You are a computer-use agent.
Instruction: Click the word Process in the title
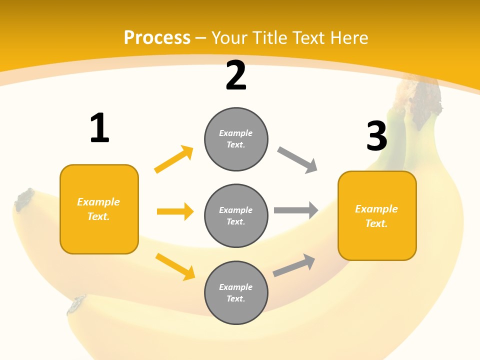pos(157,37)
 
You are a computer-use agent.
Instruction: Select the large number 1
pos(99,128)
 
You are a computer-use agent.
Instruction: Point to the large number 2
pos(236,75)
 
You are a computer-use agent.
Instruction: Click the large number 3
pos(376,136)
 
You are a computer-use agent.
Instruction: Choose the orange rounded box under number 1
pos(99,209)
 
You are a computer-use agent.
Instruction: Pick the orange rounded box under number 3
pos(377,216)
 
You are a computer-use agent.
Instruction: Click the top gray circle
pos(236,139)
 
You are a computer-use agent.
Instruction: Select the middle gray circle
pos(236,216)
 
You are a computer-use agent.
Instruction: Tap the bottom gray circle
pos(236,293)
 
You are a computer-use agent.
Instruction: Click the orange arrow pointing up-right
pos(173,159)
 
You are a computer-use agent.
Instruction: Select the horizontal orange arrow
pos(175,211)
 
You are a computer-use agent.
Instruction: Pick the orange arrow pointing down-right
pos(175,266)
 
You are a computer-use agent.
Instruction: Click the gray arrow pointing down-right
pos(297,160)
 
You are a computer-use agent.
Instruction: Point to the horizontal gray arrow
pos(296,210)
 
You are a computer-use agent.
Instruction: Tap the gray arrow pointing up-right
pos(294,265)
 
